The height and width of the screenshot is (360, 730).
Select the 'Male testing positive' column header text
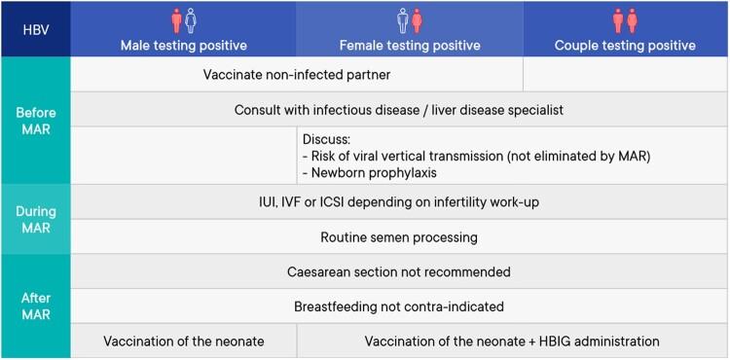click(x=183, y=45)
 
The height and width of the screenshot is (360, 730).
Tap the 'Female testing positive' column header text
click(x=410, y=45)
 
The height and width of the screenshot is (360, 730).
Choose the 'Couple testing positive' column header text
click(x=625, y=45)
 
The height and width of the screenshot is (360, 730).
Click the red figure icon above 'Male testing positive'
click(x=176, y=20)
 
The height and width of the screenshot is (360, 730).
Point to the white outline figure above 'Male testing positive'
click(x=191, y=20)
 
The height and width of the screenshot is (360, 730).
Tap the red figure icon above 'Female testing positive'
click(x=417, y=20)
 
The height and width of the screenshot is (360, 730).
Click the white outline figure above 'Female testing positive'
click(x=402, y=20)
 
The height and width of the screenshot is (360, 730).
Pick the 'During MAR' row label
click(x=35, y=219)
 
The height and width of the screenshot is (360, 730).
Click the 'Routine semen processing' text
click(x=398, y=236)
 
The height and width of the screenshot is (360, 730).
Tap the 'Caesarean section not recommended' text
click(x=398, y=271)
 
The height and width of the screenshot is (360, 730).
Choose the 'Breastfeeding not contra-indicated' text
click(x=398, y=306)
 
